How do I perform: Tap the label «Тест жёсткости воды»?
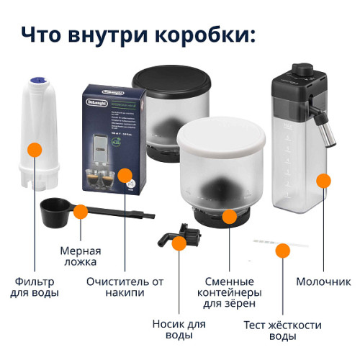[x=282, y=330]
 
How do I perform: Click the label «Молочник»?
[x=323, y=282]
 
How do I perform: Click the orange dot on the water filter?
[x=33, y=150]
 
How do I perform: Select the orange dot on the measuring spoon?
[x=81, y=212]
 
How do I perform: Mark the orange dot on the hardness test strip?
[x=283, y=250]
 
